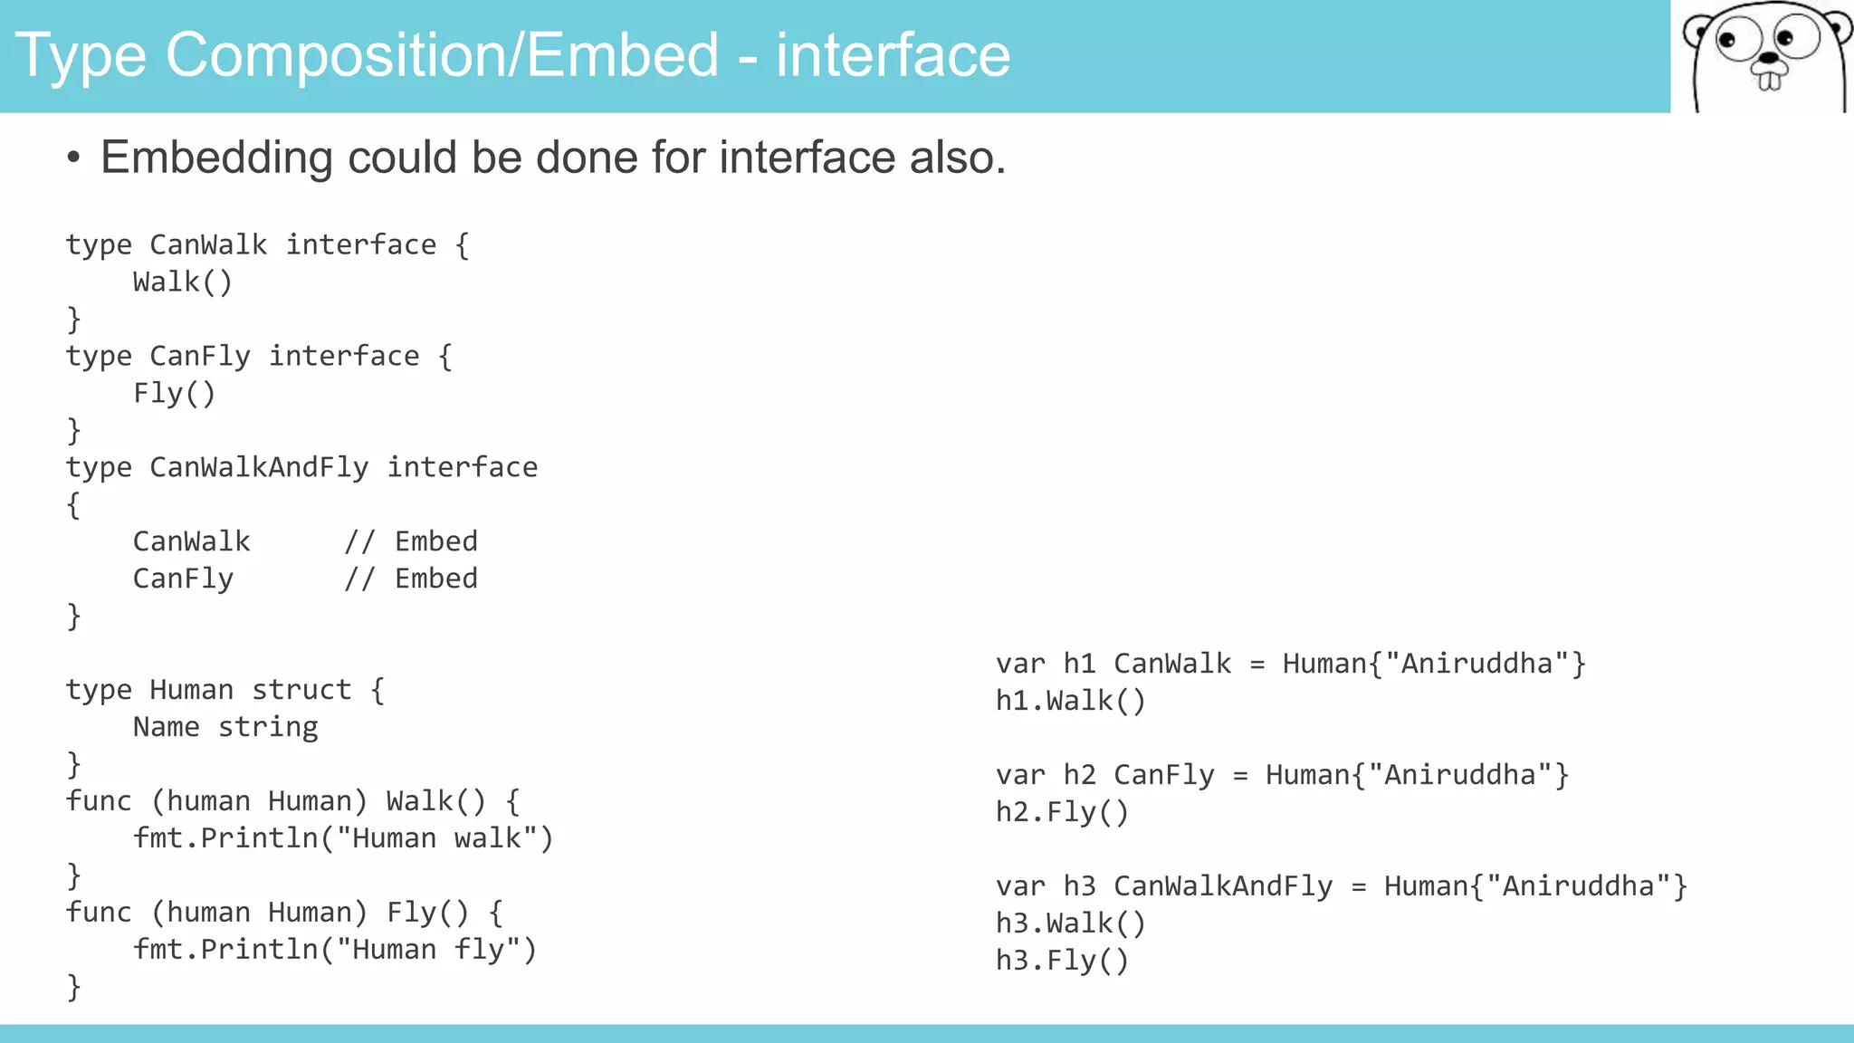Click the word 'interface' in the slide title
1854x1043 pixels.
click(893, 56)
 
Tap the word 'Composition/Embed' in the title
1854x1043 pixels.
click(443, 56)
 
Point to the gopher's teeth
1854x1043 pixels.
click(1769, 81)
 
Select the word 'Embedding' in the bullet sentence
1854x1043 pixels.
click(216, 158)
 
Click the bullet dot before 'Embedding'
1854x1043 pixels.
click(73, 159)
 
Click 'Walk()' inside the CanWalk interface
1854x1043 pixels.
click(183, 282)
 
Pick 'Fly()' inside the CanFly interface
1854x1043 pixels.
click(175, 394)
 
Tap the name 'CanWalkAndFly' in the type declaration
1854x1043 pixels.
click(259, 467)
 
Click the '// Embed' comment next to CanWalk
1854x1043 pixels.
click(411, 541)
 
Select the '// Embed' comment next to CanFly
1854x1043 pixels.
click(411, 579)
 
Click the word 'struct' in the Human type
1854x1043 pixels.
click(301, 690)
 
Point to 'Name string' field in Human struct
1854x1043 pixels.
click(225, 727)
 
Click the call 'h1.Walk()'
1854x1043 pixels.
click(1071, 701)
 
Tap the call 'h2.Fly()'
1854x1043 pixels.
click(1063, 812)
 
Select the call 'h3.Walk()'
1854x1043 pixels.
click(1071, 923)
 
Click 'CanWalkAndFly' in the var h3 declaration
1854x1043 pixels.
click(1223, 886)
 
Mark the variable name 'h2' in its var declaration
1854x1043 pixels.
click(1079, 775)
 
